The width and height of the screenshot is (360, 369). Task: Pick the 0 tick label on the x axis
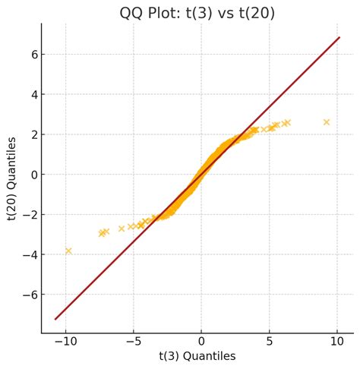[201, 342]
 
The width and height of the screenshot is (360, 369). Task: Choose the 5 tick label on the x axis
[270, 342]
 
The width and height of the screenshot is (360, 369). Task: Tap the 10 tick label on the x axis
[337, 342]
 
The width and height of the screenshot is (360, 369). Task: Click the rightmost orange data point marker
[327, 122]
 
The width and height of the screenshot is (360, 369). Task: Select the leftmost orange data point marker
[68, 251]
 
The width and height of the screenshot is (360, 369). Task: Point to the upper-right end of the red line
[339, 37]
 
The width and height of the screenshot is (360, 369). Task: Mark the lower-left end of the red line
[55, 319]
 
